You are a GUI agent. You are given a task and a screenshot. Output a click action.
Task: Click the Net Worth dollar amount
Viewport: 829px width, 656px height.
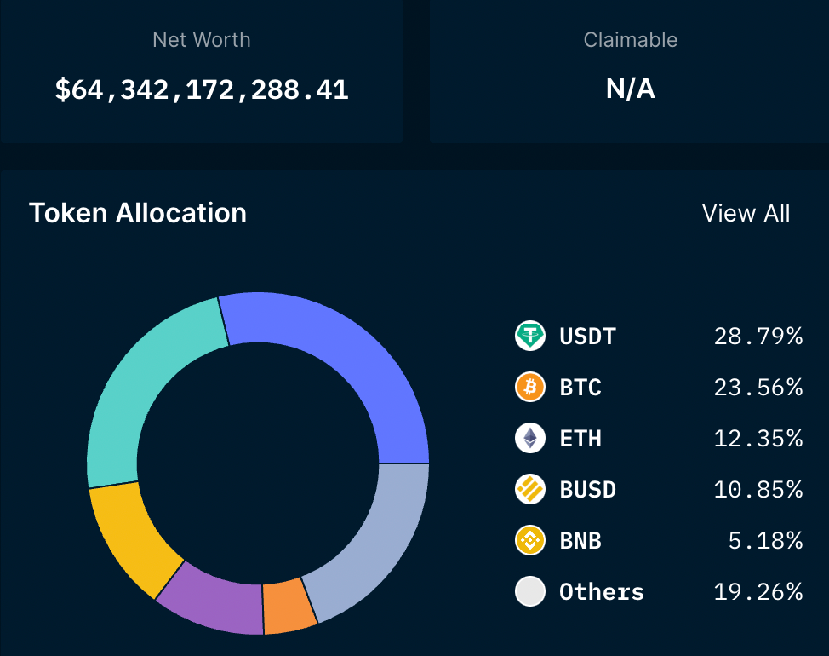[202, 89]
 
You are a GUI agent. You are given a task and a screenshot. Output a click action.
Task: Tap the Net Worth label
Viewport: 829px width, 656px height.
[202, 39]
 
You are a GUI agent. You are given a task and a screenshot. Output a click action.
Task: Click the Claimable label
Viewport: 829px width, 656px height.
[630, 39]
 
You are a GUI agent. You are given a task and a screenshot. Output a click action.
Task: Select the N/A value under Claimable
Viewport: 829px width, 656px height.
[630, 89]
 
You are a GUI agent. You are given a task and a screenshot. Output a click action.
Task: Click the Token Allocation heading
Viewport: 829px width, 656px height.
[138, 213]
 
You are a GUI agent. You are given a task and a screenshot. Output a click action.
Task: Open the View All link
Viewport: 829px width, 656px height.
[746, 213]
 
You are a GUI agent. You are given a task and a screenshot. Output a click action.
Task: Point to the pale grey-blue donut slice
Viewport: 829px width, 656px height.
[374, 545]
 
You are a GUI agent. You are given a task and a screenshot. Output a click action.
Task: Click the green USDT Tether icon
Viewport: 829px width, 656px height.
[530, 337]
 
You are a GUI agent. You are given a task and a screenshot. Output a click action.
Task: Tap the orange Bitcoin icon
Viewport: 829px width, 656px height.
[530, 388]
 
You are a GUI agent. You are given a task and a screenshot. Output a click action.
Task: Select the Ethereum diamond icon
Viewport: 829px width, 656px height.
[530, 439]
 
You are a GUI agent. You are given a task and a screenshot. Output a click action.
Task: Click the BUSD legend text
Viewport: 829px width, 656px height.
[587, 490]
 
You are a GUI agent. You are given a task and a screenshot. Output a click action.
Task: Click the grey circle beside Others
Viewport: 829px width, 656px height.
[530, 592]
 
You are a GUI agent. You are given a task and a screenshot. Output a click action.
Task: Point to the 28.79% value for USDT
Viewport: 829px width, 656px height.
[758, 337]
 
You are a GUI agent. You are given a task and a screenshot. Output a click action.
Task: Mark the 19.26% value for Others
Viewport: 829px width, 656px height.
[758, 592]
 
